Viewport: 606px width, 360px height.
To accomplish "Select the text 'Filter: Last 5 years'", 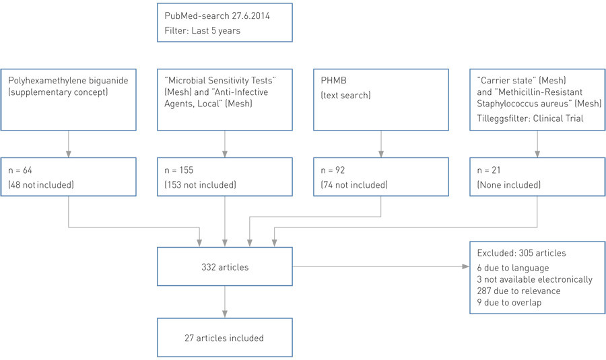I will pos(202,30).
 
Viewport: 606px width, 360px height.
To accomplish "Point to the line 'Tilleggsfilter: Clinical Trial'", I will pos(525,119).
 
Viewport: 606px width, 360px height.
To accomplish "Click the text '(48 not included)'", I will pos(41,185).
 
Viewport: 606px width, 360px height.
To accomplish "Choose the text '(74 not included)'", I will pos(353,185).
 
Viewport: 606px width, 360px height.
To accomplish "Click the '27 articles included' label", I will pos(224,338).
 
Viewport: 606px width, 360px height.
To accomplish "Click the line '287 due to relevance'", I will pos(517,291).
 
